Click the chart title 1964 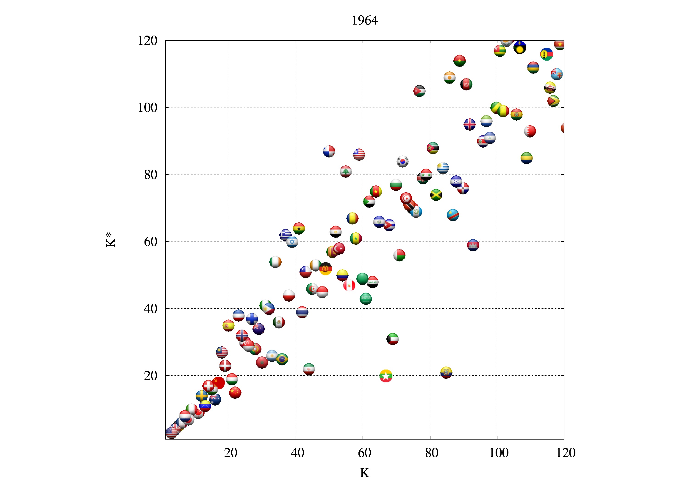pyautogui.click(x=364, y=20)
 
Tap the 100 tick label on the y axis pyautogui.click(x=147, y=108)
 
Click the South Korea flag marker pyautogui.click(x=402, y=161)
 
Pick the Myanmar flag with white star pyautogui.click(x=386, y=376)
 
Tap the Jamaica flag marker pyautogui.click(x=436, y=195)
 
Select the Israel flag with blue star pyautogui.click(x=292, y=241)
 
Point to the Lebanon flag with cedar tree pyautogui.click(x=346, y=171)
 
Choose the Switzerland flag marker pyautogui.click(x=208, y=386)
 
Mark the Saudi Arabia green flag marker pyautogui.click(x=366, y=298)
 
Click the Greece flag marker pyautogui.click(x=285, y=235)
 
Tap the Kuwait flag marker pyautogui.click(x=393, y=339)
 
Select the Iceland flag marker pyautogui.click(x=469, y=124)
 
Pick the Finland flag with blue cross pyautogui.click(x=252, y=319)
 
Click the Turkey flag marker pyautogui.click(x=339, y=248)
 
